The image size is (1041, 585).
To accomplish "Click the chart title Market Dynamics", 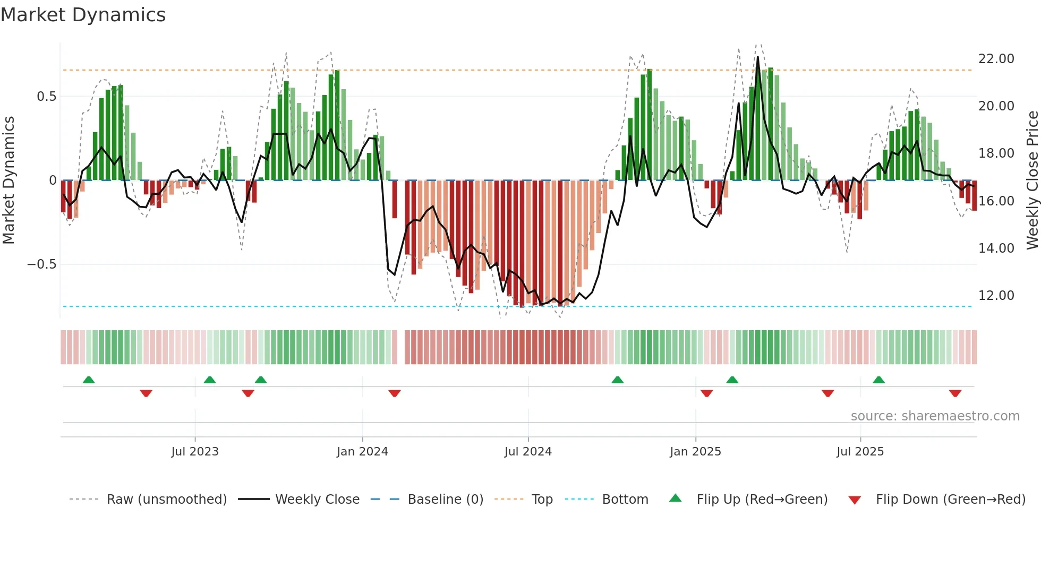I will click(83, 15).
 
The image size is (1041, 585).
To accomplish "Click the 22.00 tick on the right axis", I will click(996, 59).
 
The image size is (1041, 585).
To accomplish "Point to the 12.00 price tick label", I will click(996, 296).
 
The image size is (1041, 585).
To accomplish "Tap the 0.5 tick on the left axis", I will click(46, 97).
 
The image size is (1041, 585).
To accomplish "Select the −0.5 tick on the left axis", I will click(42, 264).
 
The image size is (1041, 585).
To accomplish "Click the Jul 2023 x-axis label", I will click(195, 452).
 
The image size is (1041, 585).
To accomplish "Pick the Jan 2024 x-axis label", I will click(362, 452).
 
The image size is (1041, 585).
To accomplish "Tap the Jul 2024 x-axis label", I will click(528, 452).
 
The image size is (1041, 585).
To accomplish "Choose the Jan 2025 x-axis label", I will click(695, 452).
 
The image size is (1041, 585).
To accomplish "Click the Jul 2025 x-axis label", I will click(860, 452).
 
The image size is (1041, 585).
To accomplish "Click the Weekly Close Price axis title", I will click(1032, 180).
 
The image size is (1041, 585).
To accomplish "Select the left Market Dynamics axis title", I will click(8, 180).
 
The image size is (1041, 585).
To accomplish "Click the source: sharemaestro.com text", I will click(935, 416).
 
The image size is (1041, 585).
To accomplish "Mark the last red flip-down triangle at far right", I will click(955, 393).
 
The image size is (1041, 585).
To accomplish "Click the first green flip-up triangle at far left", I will click(89, 380).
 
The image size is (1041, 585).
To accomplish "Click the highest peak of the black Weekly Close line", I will click(758, 57).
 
